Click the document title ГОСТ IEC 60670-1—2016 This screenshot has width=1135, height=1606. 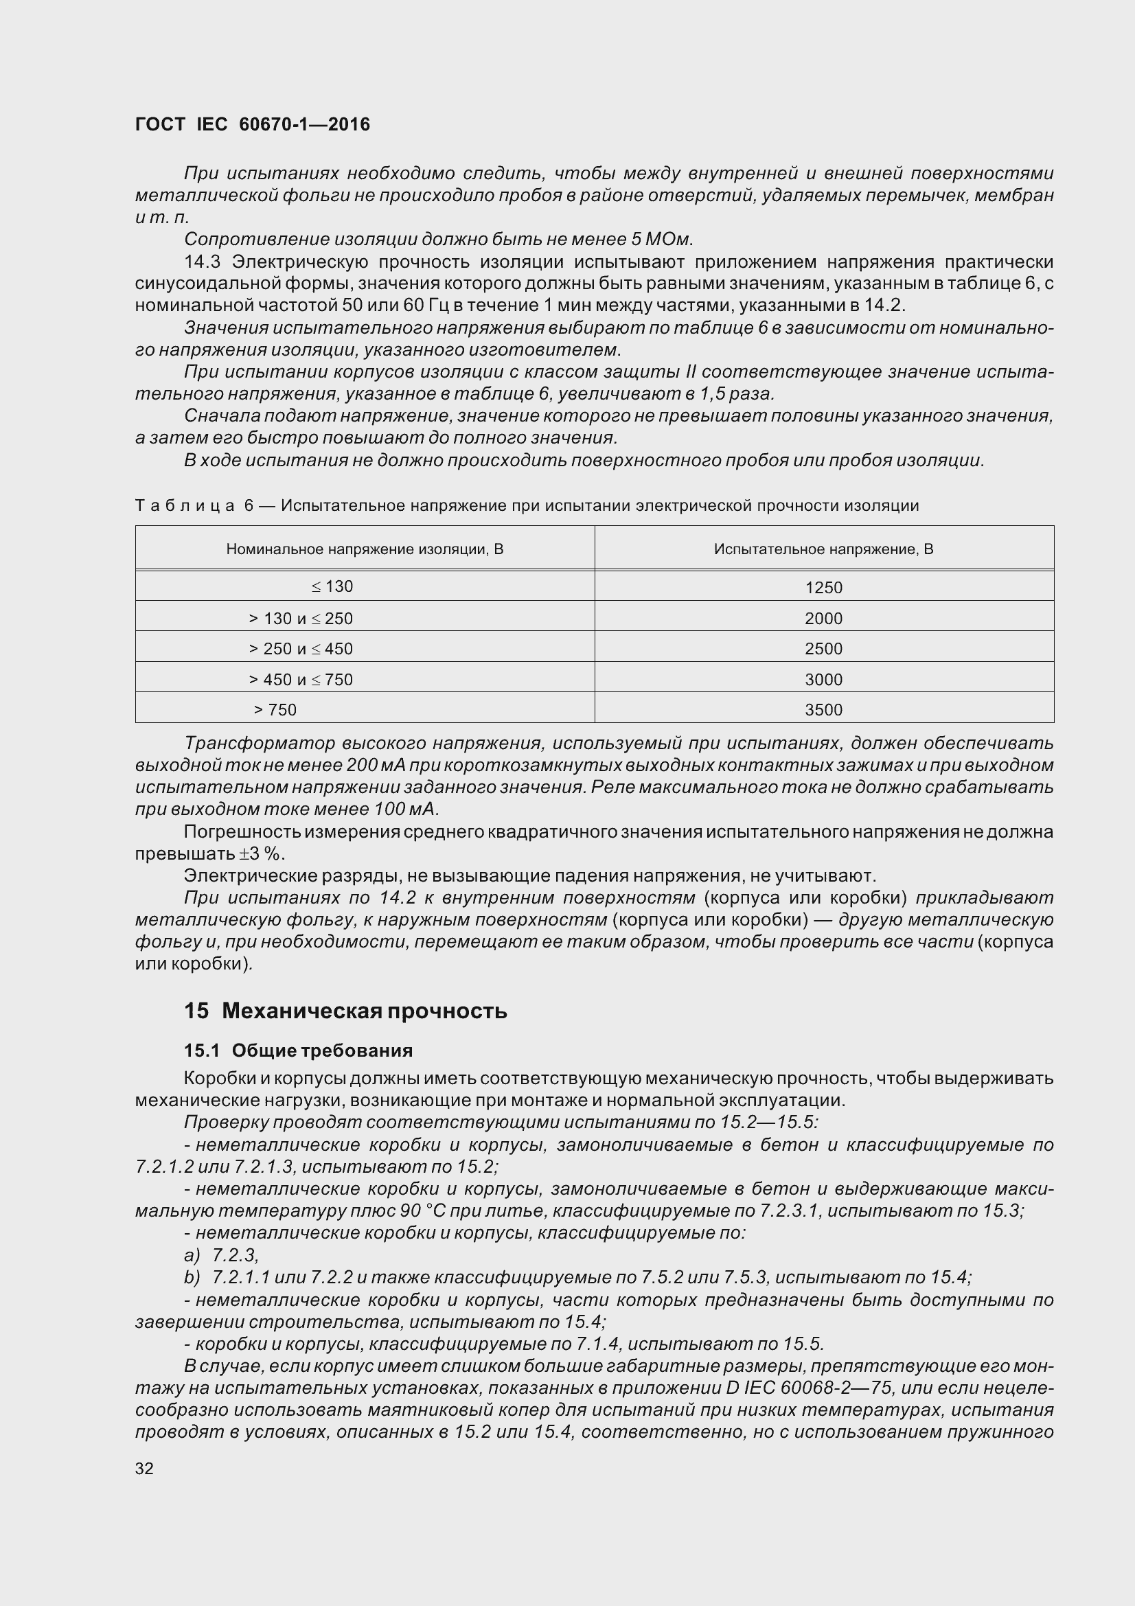point(253,124)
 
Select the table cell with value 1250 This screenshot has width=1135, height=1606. point(823,588)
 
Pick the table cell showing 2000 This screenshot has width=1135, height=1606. point(823,619)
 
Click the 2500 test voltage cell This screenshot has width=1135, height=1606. point(823,648)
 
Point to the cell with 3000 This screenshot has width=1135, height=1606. point(823,679)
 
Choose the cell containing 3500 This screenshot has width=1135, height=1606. point(823,709)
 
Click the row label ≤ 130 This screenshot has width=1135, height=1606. point(332,586)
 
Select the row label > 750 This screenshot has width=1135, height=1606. point(275,709)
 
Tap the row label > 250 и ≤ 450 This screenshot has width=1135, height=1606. point(301,648)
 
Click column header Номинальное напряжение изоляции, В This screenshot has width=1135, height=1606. point(365,549)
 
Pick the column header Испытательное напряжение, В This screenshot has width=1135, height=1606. point(823,549)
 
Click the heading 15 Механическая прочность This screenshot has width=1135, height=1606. point(345,1011)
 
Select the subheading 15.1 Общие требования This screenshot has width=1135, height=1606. point(299,1051)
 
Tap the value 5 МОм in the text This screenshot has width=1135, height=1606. point(660,239)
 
